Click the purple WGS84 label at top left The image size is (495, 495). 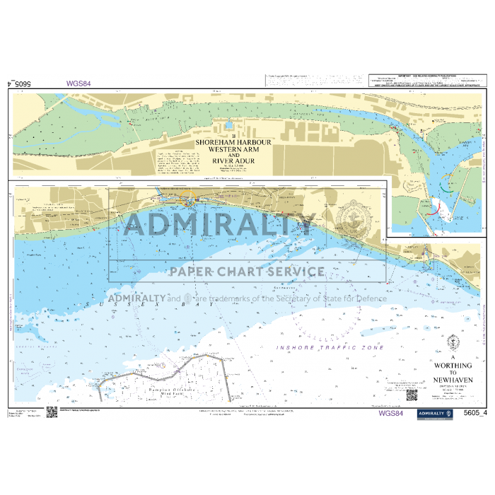point(78,83)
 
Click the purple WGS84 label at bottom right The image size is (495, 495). point(391,414)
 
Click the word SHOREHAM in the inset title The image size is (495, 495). point(212,142)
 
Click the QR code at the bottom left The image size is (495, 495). point(51,413)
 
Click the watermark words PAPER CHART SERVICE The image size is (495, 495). point(246,271)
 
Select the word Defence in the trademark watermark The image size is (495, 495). point(372,298)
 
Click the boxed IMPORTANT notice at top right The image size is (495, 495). point(425,80)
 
